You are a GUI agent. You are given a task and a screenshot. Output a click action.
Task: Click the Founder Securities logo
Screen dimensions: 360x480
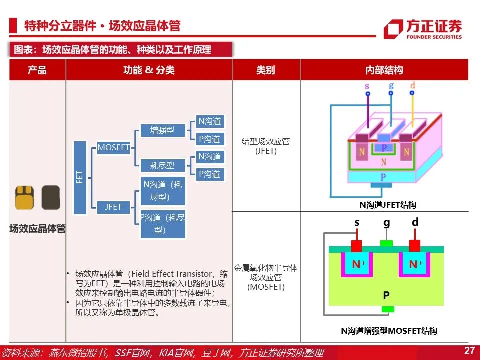coord(423,29)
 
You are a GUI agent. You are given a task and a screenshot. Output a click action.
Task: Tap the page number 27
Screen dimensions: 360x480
coord(469,350)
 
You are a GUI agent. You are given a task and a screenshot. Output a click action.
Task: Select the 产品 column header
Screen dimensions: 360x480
coord(37,70)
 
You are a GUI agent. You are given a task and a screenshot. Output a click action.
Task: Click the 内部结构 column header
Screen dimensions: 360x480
coord(384,70)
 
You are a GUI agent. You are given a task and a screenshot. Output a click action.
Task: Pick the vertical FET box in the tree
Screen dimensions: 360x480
coord(80,177)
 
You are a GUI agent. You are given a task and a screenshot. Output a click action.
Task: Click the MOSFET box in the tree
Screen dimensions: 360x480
coord(113,148)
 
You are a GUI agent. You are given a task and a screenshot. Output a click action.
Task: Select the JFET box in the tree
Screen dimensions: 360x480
coord(113,206)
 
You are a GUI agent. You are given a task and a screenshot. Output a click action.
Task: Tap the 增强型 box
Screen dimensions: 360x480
coord(162,131)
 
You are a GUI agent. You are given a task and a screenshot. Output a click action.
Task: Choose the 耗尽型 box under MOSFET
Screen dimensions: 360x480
coord(162,165)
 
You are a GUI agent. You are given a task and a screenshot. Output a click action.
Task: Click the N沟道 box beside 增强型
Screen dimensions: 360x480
coord(210,121)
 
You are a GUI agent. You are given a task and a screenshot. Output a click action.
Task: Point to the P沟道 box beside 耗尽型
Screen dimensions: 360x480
coord(210,174)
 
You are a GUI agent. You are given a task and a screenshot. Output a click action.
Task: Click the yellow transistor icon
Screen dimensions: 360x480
coord(24,198)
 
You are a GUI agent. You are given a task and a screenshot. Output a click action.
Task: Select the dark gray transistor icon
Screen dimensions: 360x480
coord(51,198)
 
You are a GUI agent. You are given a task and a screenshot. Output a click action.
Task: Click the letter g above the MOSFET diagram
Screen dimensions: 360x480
coord(386,223)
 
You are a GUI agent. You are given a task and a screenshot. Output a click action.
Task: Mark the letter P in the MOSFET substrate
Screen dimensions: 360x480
coord(386,296)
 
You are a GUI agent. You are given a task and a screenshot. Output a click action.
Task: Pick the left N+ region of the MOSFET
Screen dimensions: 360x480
coord(356,264)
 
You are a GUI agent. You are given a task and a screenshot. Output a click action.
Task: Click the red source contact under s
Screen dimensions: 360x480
coord(356,246)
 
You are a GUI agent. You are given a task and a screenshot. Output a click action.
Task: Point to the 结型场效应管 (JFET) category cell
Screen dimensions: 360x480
coord(266,146)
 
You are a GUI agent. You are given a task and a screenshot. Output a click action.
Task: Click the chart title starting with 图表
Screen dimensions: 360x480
coord(120,49)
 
